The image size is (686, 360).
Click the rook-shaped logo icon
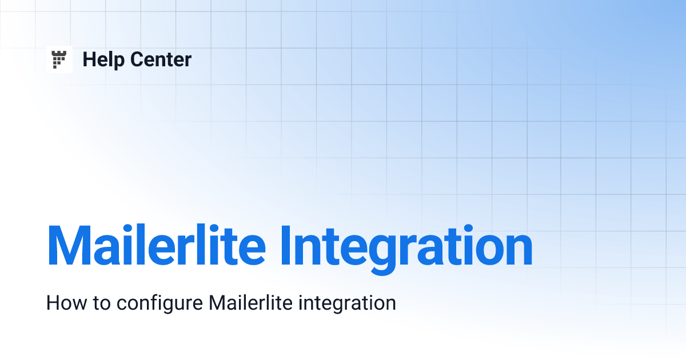tap(59, 59)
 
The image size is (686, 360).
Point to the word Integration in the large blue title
tap(406, 246)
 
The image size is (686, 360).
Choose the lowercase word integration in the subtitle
tap(348, 304)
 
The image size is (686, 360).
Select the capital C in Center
tap(137, 59)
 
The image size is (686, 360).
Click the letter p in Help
tap(121, 62)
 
